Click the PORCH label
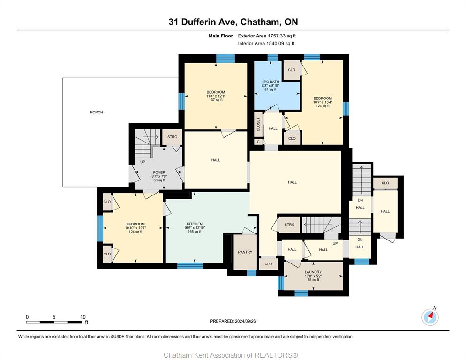click(97, 112)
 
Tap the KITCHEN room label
click(195, 224)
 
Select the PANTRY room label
click(245, 252)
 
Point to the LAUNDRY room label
click(313, 272)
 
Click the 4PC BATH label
click(271, 82)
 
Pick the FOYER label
click(159, 172)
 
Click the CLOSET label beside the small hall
click(258, 124)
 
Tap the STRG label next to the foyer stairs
click(172, 137)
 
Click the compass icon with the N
click(430, 317)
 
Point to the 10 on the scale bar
click(83, 317)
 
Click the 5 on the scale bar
click(54, 317)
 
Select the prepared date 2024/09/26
click(245, 321)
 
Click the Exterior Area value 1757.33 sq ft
click(282, 36)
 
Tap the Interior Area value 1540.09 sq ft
click(280, 44)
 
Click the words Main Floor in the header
click(220, 36)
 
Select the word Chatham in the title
click(260, 22)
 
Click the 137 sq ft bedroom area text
click(216, 100)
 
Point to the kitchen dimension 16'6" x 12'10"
click(195, 228)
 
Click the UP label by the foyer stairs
click(143, 162)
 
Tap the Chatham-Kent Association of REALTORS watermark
click(231, 355)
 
